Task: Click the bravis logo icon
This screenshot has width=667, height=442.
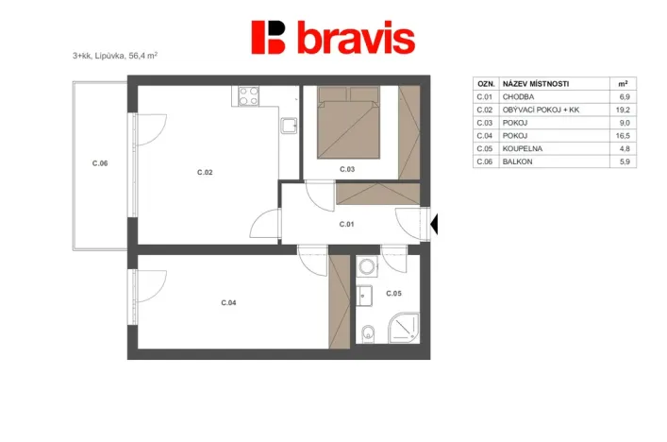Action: pos(268,38)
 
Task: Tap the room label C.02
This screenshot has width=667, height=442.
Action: pos(205,172)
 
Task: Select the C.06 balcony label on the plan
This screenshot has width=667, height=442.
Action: pos(100,163)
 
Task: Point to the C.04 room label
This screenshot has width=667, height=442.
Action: pos(228,302)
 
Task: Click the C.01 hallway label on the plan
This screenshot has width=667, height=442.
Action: pos(346,224)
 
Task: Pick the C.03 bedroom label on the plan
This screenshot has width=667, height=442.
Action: pos(346,169)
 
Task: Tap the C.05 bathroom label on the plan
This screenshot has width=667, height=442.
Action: pos(393,293)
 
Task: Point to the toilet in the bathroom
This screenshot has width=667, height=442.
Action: pos(368,331)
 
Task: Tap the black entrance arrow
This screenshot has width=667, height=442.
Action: pos(436,225)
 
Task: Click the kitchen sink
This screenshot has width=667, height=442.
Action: pos(290,124)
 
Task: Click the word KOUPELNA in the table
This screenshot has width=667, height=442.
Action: pos(523,149)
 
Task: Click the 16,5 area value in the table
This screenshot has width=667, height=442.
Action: pos(622,136)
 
